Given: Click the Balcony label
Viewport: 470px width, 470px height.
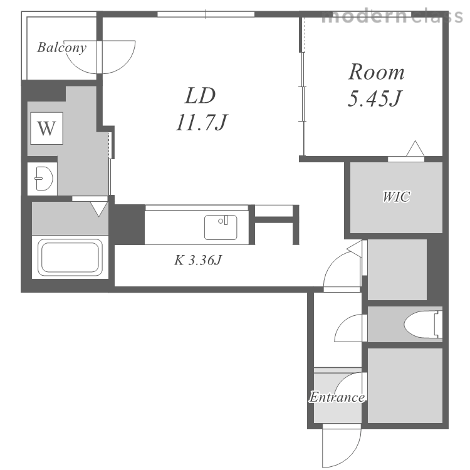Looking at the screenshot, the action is (x=62, y=48).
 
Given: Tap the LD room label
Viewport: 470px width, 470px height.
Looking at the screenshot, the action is (x=201, y=96).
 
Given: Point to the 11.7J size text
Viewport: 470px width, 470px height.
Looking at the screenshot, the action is (x=201, y=123).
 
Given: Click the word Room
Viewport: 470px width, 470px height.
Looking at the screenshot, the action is (x=376, y=72).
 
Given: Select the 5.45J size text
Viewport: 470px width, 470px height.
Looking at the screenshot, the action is (x=375, y=98).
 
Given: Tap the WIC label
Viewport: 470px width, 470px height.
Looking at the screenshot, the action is (x=396, y=197).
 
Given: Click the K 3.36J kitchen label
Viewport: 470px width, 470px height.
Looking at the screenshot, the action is (x=198, y=260).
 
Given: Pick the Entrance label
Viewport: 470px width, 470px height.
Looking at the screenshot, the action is (x=337, y=397).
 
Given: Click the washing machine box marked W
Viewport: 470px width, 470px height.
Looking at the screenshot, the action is (x=46, y=128).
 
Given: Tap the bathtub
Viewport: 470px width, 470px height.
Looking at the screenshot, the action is (x=70, y=258).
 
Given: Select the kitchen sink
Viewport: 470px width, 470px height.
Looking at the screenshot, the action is (x=221, y=227).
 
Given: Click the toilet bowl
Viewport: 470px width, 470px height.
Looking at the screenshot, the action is (x=422, y=325).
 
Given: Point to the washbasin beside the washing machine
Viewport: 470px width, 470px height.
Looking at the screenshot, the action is (x=44, y=179).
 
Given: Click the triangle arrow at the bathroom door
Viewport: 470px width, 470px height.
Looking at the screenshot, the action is (x=99, y=209).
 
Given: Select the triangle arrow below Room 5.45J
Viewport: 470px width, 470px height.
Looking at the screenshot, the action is (x=415, y=149).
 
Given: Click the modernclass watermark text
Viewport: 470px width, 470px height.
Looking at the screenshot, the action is (x=393, y=16).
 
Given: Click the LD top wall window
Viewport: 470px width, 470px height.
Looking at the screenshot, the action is (x=206, y=14).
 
